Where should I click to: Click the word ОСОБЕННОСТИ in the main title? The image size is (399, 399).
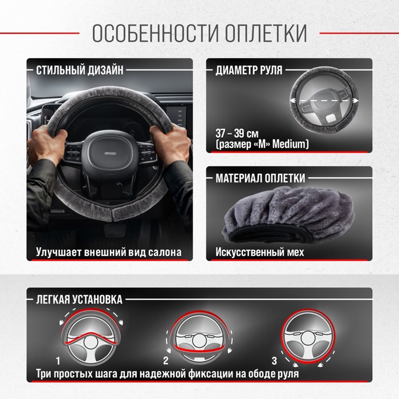coord(156,33)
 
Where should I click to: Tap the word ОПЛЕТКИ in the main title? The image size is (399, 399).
coord(266,33)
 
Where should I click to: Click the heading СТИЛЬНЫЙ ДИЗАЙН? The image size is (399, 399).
coord(80,70)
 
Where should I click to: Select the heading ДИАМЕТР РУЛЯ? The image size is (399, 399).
coord(249,70)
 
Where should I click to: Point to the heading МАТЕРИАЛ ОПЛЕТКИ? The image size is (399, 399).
coord(260,178)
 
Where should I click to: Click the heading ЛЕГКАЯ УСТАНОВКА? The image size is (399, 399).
coord(79,299)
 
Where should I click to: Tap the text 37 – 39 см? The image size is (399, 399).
coord(237,133)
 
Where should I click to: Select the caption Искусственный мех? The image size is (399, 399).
coord(259,252)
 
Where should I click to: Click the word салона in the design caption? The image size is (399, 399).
coord(165,252)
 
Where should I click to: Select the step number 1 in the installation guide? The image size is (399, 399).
coord(58,361)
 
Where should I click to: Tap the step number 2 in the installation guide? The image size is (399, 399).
coord(166,361)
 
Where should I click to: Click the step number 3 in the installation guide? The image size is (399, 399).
coord(274,361)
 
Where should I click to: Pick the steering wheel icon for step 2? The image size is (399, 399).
coord(199,337)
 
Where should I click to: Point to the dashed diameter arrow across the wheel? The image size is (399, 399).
coord(324,101)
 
